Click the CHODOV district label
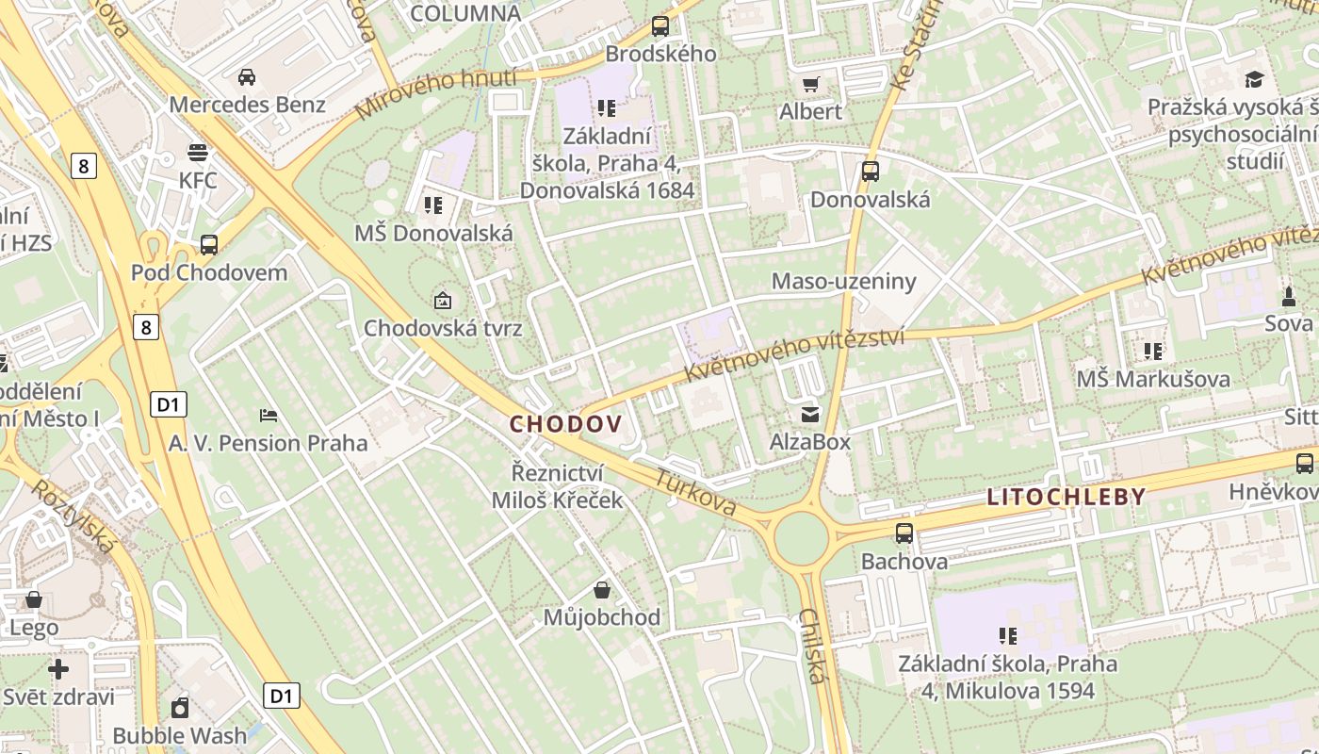[565, 424]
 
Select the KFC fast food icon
[198, 151]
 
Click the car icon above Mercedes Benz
[247, 76]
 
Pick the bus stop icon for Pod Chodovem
[209, 245]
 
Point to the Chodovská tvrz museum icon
[442, 301]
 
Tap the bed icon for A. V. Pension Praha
[269, 415]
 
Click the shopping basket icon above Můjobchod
[602, 590]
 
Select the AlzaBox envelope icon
[809, 414]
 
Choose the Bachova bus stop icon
[904, 533]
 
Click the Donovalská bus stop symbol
[870, 172]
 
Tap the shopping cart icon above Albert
[810, 84]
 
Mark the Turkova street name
[696, 492]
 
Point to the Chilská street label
[812, 645]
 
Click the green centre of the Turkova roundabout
[802, 536]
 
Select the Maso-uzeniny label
[843, 281]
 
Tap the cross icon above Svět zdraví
[58, 669]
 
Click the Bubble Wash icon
[180, 707]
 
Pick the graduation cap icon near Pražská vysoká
[1254, 80]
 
